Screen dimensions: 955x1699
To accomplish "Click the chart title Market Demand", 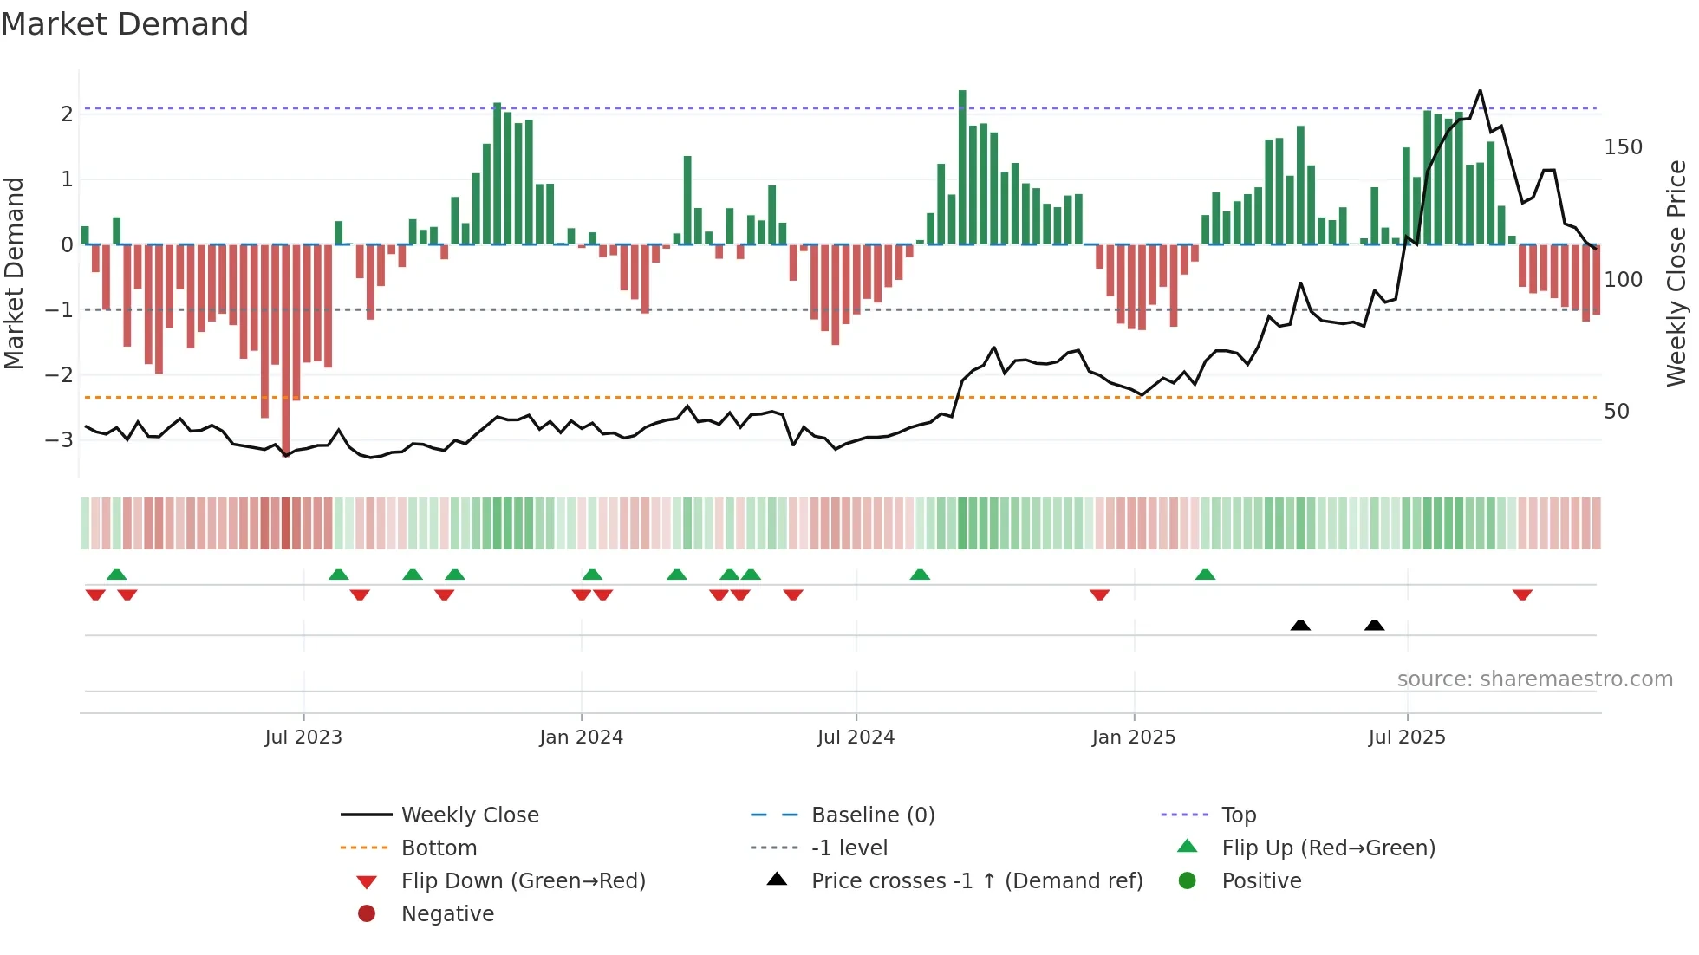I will (x=125, y=24).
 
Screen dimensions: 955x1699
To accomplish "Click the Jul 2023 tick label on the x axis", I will (x=303, y=737).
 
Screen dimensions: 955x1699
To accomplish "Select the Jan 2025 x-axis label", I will (x=1133, y=737).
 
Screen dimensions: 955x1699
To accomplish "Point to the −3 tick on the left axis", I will (x=60, y=439).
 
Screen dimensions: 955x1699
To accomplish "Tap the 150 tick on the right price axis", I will (x=1623, y=147).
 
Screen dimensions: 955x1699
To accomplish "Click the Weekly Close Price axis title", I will (x=1676, y=273).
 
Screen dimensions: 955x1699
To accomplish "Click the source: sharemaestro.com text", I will (x=1534, y=679).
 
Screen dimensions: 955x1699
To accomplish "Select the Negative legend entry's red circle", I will (x=367, y=914).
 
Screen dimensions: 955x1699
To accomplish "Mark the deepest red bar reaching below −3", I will (x=286, y=347).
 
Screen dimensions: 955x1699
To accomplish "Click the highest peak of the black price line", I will (x=1480, y=91).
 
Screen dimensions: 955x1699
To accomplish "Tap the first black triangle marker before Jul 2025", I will (x=1300, y=625).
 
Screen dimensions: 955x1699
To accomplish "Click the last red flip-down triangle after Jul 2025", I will (x=1522, y=594).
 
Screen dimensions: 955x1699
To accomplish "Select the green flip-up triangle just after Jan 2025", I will (x=1205, y=575).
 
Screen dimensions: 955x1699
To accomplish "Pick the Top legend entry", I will (x=1238, y=815).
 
